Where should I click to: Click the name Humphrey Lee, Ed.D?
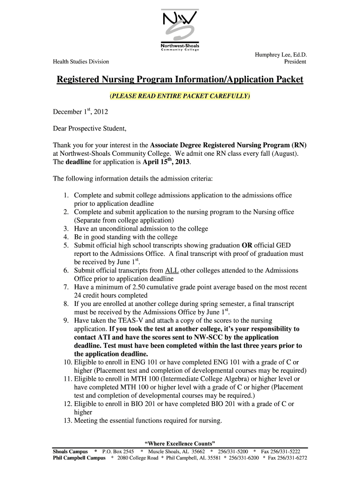(x=280, y=54)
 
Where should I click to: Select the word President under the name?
(x=295, y=62)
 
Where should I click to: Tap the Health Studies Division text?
(x=80, y=62)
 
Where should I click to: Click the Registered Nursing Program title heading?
(x=180, y=80)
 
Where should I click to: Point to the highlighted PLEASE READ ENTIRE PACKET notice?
(x=180, y=96)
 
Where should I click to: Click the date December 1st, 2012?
(x=80, y=112)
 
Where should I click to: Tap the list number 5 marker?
(x=66, y=245)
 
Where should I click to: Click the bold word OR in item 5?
(x=247, y=245)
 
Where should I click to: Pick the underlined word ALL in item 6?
(x=172, y=270)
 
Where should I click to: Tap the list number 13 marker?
(x=65, y=421)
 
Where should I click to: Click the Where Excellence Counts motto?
(x=180, y=443)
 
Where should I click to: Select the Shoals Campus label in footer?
(x=70, y=452)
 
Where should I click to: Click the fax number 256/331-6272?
(x=293, y=458)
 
